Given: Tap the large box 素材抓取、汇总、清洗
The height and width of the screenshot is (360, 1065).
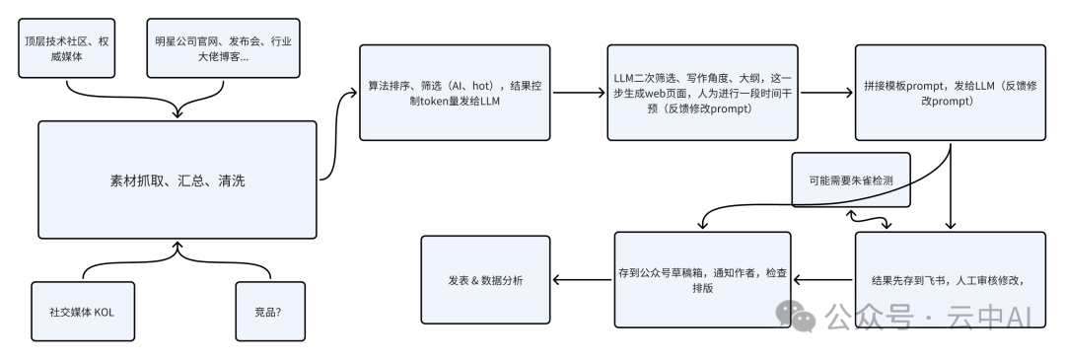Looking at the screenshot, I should pyautogui.click(x=177, y=180).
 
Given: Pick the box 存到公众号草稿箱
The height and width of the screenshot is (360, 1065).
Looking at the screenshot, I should pyautogui.click(x=702, y=279).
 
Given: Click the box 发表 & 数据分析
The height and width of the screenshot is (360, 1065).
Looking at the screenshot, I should pyautogui.click(x=484, y=280).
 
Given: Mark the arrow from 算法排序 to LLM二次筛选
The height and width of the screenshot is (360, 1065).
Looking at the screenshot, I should pyautogui.click(x=582, y=95).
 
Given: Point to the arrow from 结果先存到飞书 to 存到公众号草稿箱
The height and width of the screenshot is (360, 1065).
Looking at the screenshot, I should pyautogui.click(x=824, y=280).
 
